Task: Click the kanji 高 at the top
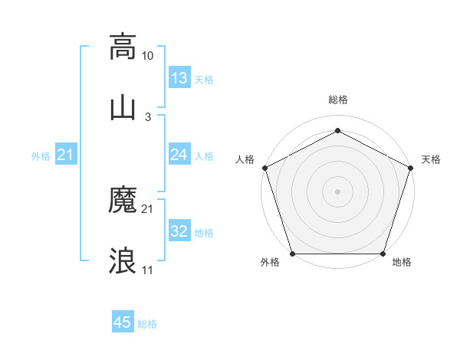(x=123, y=47)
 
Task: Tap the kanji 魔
(x=123, y=201)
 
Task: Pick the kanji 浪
(x=123, y=260)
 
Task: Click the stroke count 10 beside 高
(x=148, y=56)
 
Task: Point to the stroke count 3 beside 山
(x=148, y=116)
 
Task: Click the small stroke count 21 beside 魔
(x=148, y=209)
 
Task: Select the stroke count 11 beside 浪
(x=148, y=270)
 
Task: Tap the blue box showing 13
(x=179, y=78)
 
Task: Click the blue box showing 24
(x=179, y=155)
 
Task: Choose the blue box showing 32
(x=179, y=232)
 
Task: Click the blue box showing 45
(x=123, y=322)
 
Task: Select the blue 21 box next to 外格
(x=66, y=155)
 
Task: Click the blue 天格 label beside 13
(x=204, y=80)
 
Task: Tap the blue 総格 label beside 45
(x=147, y=324)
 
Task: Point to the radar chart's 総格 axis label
(x=338, y=100)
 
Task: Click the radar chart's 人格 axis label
(x=245, y=159)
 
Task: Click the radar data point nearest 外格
(x=292, y=254)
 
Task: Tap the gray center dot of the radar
(x=338, y=191)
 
